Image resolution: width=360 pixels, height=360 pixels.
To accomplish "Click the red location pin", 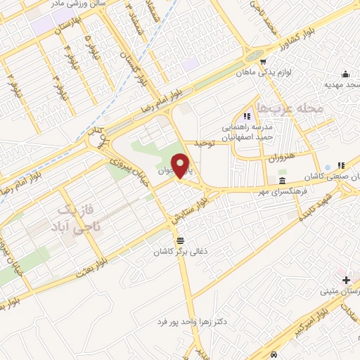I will tap(182, 165).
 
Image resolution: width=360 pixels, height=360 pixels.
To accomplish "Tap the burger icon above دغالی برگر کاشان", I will tap(180, 240).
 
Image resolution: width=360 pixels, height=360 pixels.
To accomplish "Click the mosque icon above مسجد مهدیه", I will tap(345, 75).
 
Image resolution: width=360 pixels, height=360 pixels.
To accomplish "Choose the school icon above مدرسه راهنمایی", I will tap(246, 116).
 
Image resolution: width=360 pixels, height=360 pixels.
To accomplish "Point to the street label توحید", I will tap(212, 143).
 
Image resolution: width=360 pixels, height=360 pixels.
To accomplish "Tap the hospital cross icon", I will tap(345, 280).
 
